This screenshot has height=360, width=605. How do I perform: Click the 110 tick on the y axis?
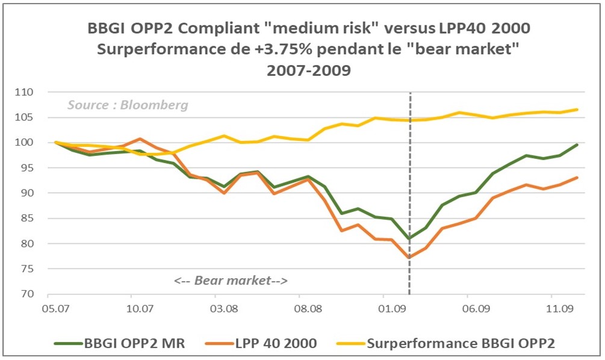28,92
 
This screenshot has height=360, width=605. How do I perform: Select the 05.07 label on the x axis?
55,308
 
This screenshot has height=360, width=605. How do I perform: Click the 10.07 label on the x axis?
138,308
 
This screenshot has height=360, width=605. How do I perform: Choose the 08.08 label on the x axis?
306,308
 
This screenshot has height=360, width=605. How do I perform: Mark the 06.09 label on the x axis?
474,308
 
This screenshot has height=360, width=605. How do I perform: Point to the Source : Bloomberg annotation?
128,105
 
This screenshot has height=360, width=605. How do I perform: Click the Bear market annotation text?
231,281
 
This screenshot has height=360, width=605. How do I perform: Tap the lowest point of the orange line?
410,258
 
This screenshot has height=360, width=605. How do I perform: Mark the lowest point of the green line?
410,238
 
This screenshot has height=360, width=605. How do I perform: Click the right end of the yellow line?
577,110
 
